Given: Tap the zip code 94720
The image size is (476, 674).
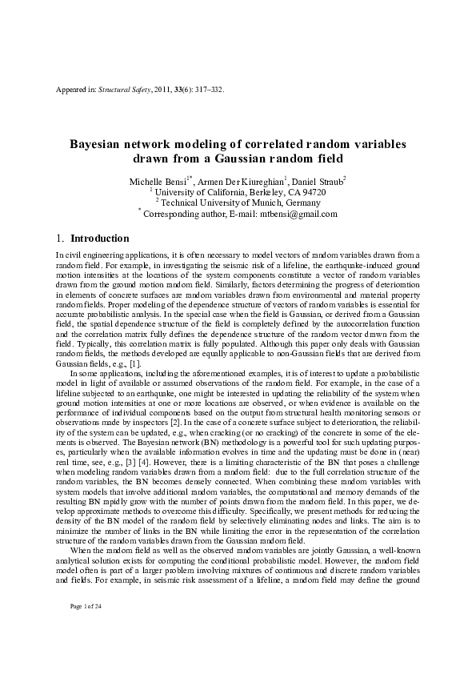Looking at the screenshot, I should [x=311, y=192].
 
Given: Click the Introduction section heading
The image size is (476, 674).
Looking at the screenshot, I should [x=100, y=239].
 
